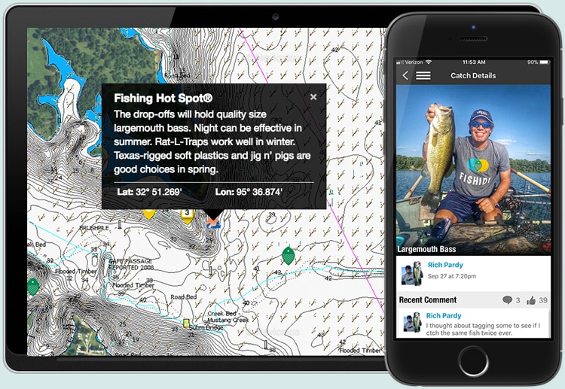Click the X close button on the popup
pyautogui.click(x=313, y=97)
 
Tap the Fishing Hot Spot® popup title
pyautogui.click(x=163, y=98)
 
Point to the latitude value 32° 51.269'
pyautogui.click(x=149, y=192)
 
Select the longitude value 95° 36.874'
pyautogui.click(x=249, y=192)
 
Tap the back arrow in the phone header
pyautogui.click(x=405, y=75)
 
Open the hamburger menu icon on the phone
pyautogui.click(x=423, y=75)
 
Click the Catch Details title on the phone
pyautogui.click(x=473, y=75)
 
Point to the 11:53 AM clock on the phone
pyautogui.click(x=474, y=62)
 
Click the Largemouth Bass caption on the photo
pyautogui.click(x=426, y=249)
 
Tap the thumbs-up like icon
pyautogui.click(x=532, y=300)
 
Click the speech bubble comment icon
pyautogui.click(x=507, y=300)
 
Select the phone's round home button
pyautogui.click(x=474, y=360)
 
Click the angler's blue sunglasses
pyautogui.click(x=481, y=124)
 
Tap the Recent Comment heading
pyautogui.click(x=428, y=300)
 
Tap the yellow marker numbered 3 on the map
pyautogui.click(x=187, y=214)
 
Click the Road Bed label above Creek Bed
pyautogui.click(x=183, y=297)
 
